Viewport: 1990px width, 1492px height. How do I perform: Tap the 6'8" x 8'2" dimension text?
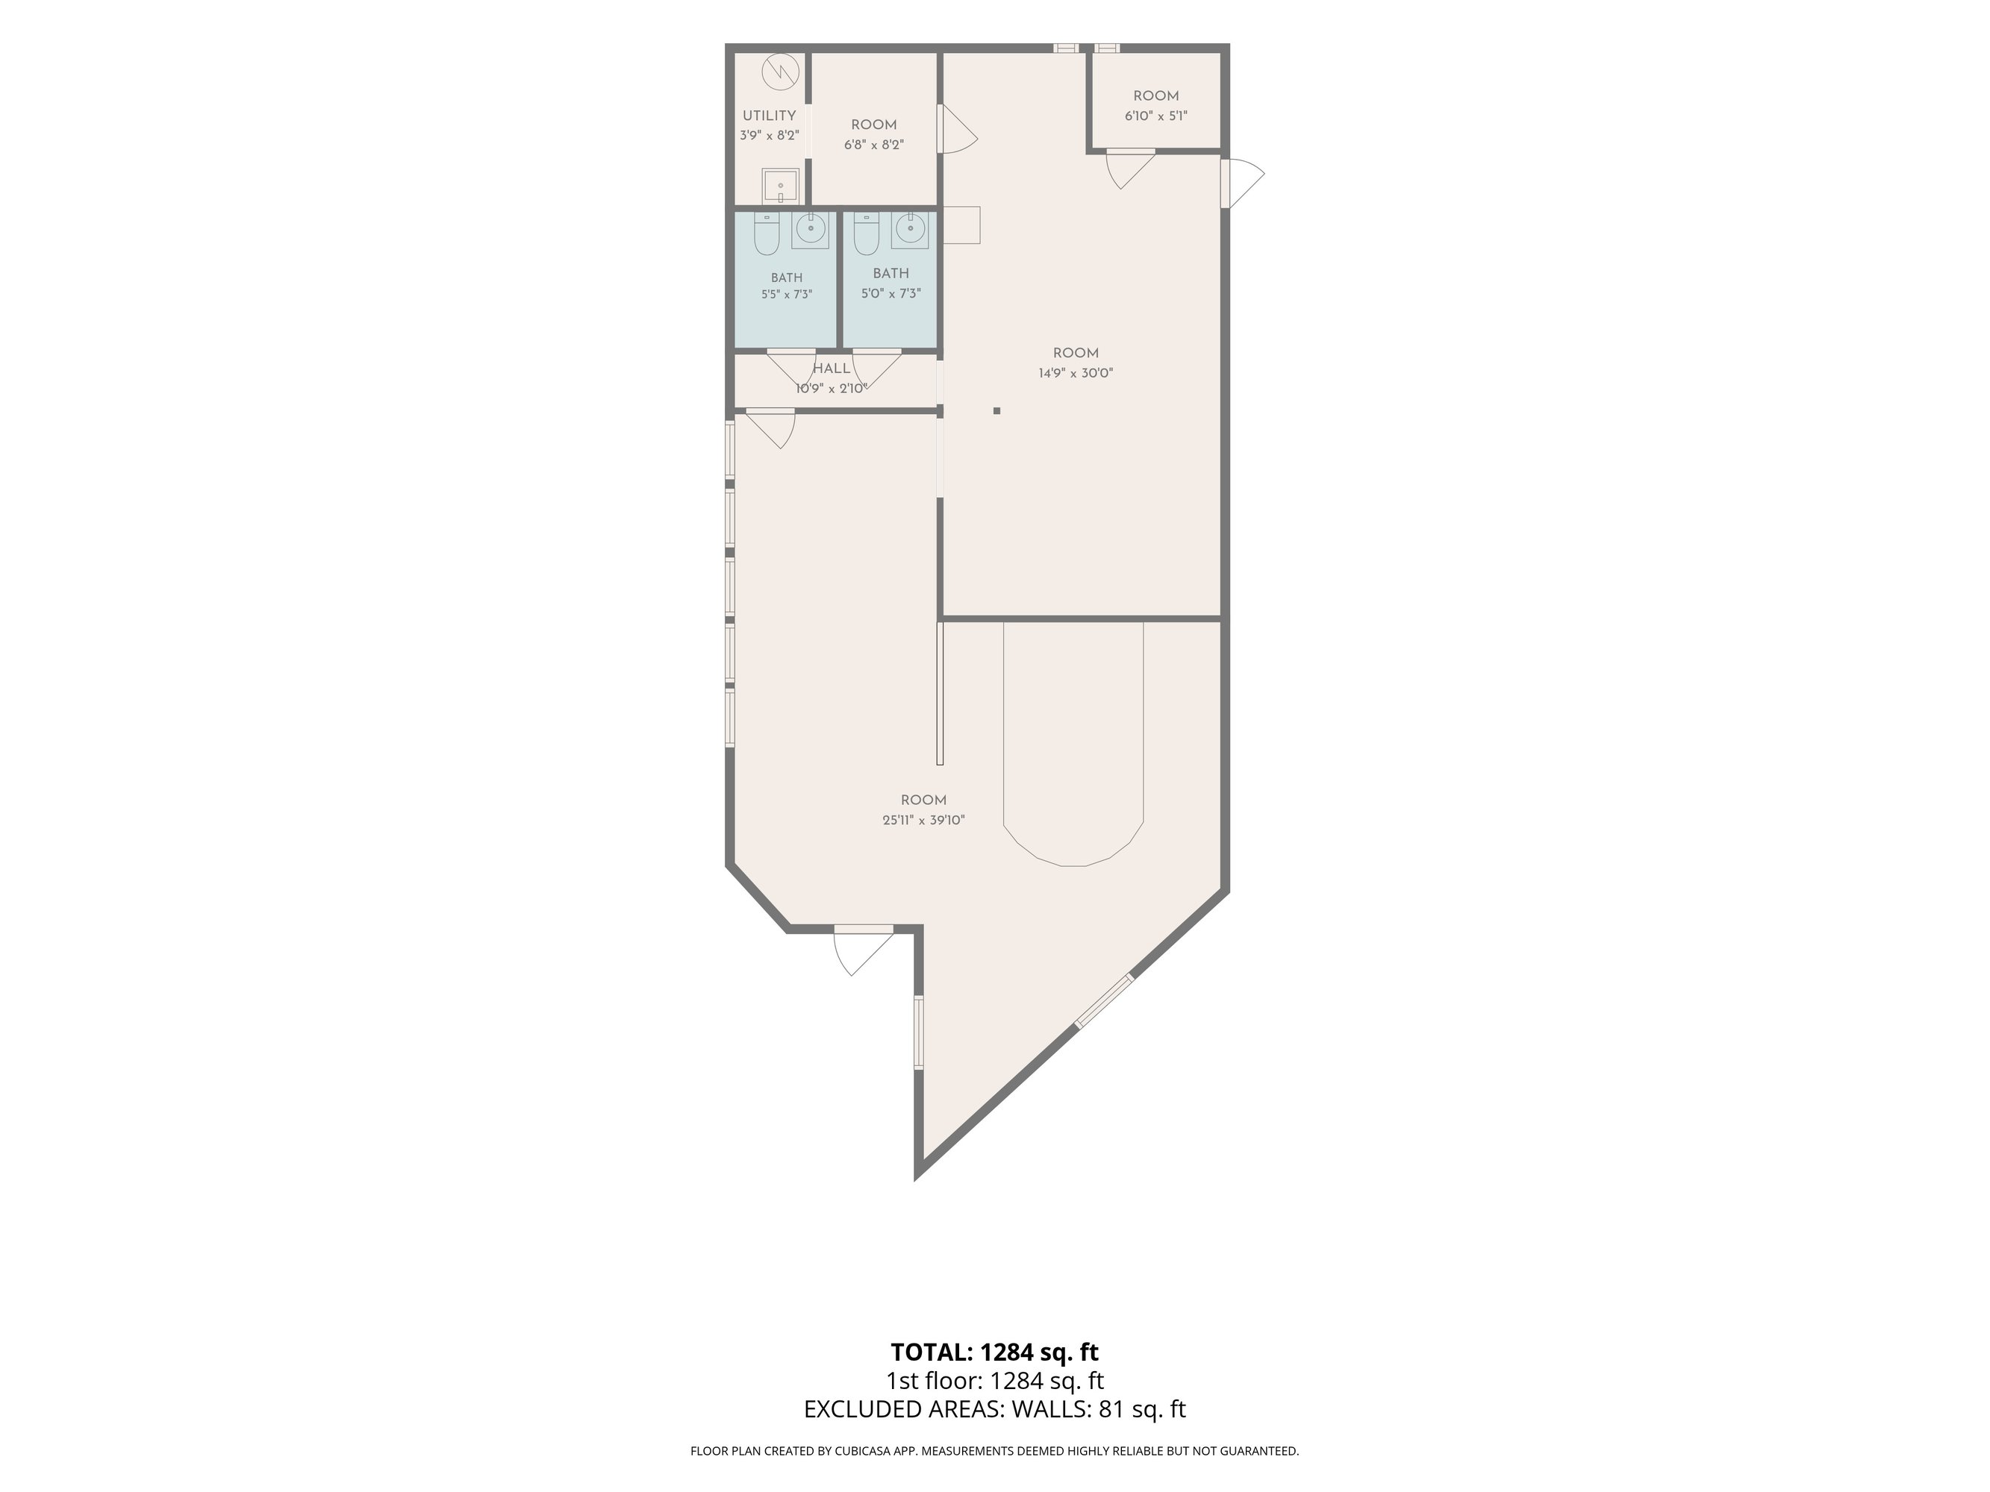(x=873, y=145)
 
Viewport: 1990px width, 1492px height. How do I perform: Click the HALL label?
(x=832, y=369)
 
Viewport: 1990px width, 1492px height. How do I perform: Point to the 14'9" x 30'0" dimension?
(x=1076, y=373)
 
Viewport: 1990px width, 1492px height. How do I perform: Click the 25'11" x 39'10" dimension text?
(x=924, y=820)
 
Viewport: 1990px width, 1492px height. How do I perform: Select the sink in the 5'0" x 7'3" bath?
(x=911, y=231)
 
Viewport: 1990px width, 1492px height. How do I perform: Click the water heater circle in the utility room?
(x=780, y=71)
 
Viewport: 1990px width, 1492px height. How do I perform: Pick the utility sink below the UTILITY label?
(x=780, y=186)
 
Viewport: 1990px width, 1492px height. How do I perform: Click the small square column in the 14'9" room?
(x=996, y=411)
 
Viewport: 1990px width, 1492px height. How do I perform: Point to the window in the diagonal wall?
(x=1104, y=1001)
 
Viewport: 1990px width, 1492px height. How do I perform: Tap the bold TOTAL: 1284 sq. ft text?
(x=995, y=1352)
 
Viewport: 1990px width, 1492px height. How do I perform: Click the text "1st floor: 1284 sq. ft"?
(x=995, y=1381)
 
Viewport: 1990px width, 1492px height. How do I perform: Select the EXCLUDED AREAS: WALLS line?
(x=995, y=1409)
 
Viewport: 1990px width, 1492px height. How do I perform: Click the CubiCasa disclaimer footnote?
(x=995, y=1451)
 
